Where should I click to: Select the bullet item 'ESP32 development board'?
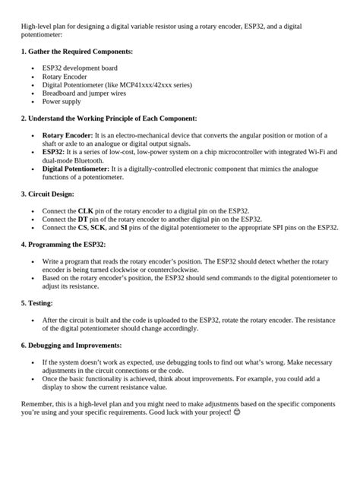[x=74, y=68]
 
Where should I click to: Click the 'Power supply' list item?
[x=61, y=101]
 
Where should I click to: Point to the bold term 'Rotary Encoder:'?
[x=68, y=134]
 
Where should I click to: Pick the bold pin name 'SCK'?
[x=99, y=227]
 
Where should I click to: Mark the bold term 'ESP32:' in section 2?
[x=54, y=152]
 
